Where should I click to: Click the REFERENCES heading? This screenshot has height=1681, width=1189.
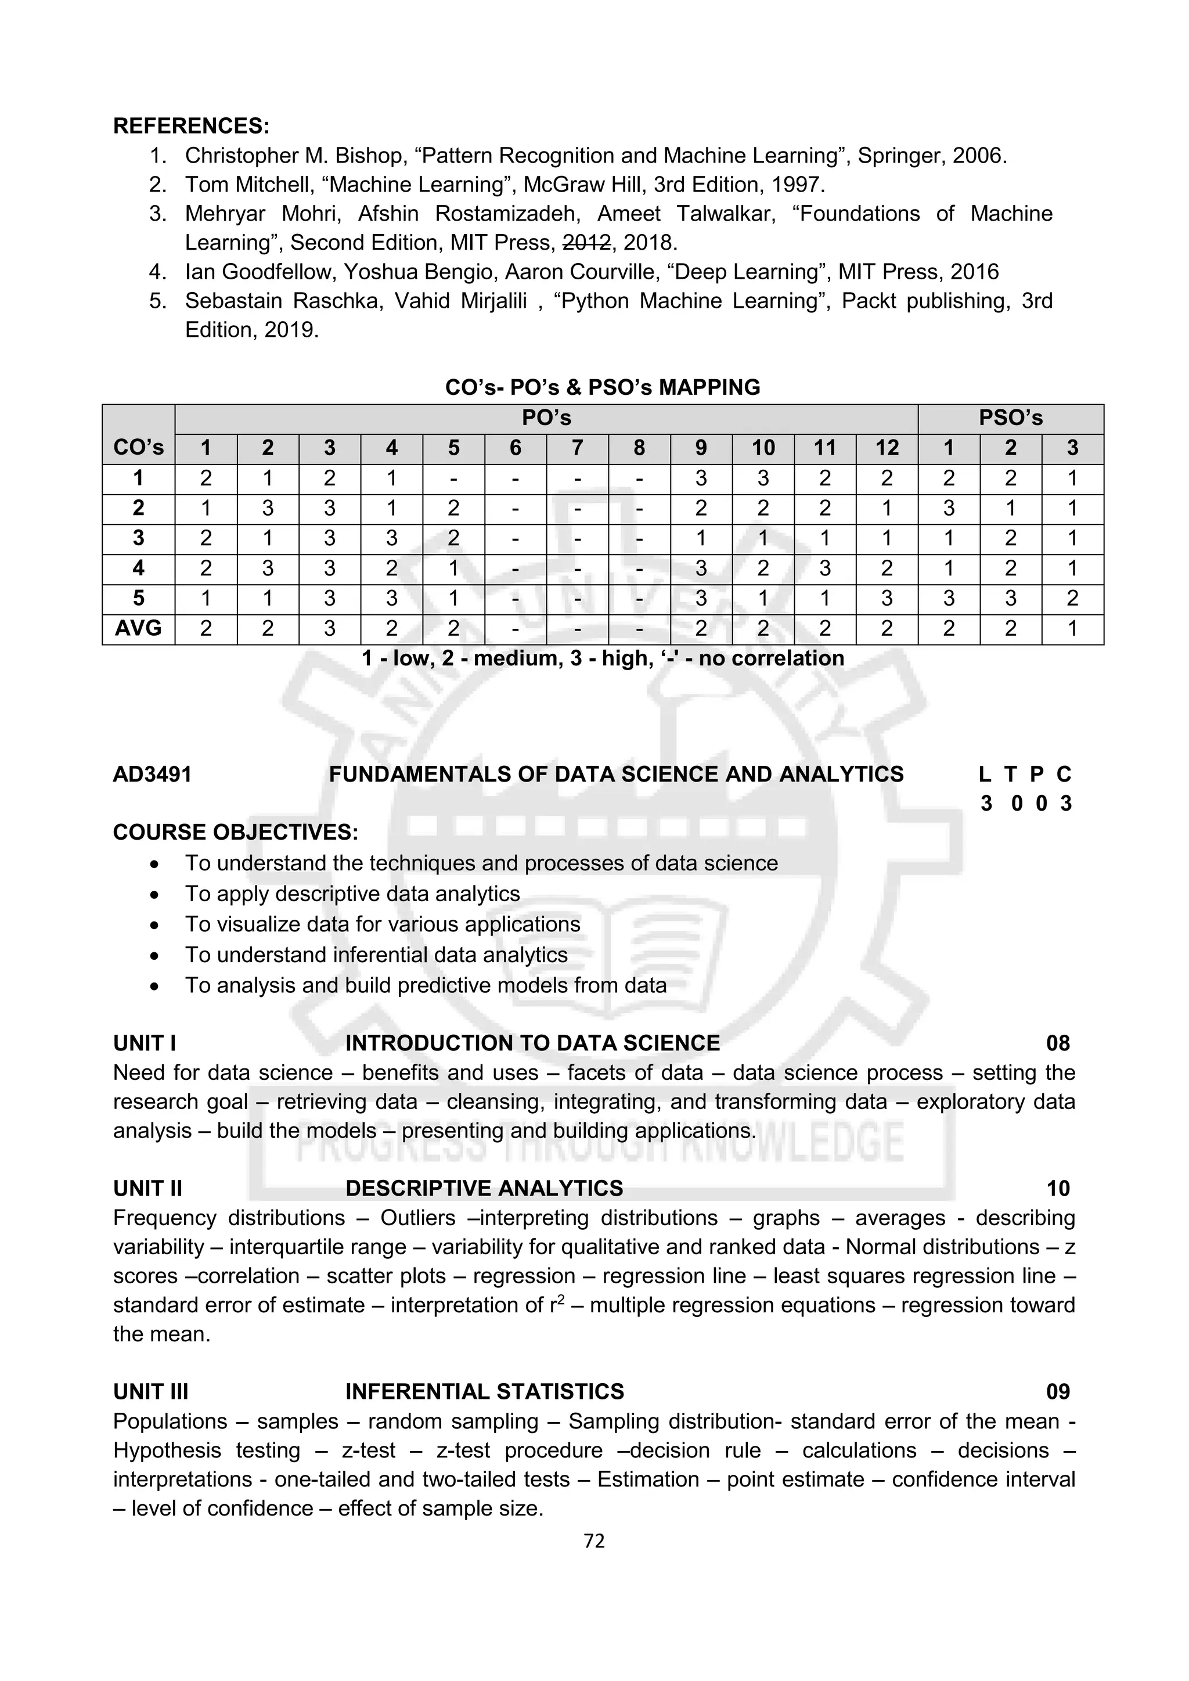[191, 126]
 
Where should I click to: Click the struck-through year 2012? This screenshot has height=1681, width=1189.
[586, 242]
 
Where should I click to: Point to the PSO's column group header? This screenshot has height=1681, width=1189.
[1010, 418]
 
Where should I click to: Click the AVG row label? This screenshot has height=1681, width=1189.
[138, 628]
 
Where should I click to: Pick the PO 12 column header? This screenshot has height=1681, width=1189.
[887, 448]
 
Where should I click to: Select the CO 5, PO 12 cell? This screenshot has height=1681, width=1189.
[887, 598]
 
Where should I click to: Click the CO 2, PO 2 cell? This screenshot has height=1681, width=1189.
[268, 508]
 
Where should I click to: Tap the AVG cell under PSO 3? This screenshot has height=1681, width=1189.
[1072, 628]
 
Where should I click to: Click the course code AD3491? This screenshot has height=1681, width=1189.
[152, 774]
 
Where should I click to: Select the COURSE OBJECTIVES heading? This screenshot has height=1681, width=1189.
[236, 833]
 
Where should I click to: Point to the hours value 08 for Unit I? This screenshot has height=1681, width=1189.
[1058, 1043]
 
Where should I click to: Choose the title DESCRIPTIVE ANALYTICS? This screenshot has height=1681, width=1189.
[484, 1188]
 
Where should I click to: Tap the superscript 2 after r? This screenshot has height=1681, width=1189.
[561, 1300]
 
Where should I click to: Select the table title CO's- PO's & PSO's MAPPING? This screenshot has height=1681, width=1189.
[603, 387]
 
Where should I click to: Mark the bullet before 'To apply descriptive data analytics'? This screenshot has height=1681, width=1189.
[154, 895]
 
